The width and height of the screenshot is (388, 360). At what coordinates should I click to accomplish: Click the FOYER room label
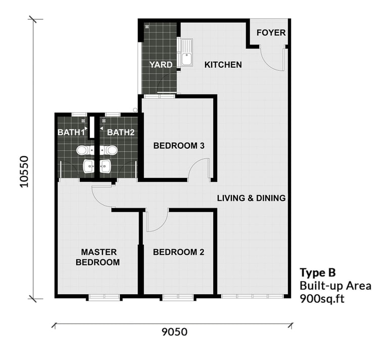click(x=271, y=33)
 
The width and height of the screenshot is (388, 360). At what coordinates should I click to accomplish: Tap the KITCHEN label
click(x=223, y=65)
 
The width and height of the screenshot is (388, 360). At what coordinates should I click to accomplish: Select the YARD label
click(x=161, y=65)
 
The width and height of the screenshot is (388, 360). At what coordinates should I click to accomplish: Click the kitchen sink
click(x=186, y=53)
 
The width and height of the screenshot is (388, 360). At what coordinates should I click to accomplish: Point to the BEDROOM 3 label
click(x=179, y=146)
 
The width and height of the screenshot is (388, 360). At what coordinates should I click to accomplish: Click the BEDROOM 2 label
click(x=179, y=252)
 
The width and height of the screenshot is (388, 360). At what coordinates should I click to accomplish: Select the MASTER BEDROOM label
click(x=98, y=257)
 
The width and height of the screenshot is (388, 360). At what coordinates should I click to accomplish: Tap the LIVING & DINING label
click(x=251, y=198)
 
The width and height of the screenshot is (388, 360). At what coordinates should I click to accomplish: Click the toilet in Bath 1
click(x=85, y=150)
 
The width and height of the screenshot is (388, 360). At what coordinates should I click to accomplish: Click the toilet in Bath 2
click(x=109, y=150)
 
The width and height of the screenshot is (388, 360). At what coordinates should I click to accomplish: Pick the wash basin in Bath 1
click(x=88, y=166)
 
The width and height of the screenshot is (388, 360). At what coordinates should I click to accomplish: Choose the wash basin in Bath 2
click(x=105, y=166)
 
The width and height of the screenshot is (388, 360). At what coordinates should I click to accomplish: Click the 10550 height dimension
click(x=24, y=171)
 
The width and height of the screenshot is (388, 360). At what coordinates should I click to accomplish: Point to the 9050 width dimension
click(x=174, y=332)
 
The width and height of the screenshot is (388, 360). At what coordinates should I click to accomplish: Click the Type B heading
click(x=318, y=273)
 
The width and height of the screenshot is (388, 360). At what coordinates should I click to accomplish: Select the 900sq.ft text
click(x=322, y=299)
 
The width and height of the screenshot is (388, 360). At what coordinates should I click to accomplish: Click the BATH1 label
click(x=71, y=132)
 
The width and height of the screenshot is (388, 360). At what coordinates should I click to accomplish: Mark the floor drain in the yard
click(x=147, y=26)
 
